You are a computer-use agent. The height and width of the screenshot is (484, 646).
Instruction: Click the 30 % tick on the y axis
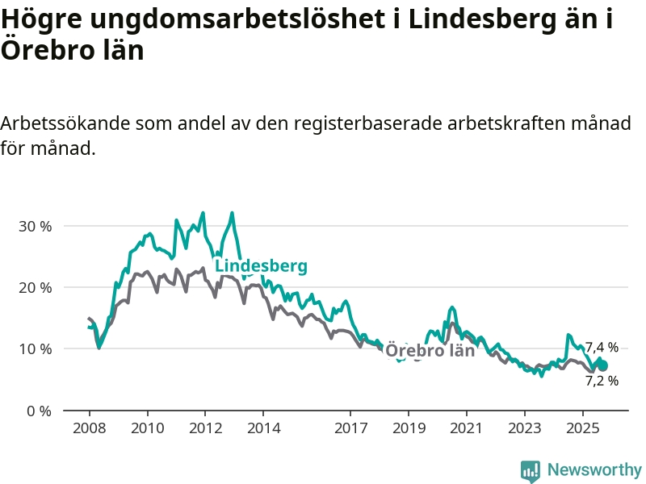(x=35, y=226)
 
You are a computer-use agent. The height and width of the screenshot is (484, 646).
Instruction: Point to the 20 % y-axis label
(x=35, y=287)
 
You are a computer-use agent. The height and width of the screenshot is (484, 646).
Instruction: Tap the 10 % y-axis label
(x=35, y=348)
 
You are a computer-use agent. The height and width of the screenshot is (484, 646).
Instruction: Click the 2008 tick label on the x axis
(x=89, y=427)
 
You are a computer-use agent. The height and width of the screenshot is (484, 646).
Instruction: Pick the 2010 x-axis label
(x=147, y=427)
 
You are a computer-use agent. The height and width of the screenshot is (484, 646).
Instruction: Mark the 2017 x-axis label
(x=350, y=427)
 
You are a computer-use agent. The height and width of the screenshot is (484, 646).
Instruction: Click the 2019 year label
(x=409, y=427)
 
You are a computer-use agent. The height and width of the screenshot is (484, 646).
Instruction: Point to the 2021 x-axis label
(x=467, y=427)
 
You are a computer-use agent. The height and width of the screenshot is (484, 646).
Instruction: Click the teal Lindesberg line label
(x=261, y=266)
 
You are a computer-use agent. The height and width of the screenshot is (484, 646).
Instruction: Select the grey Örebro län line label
(x=430, y=351)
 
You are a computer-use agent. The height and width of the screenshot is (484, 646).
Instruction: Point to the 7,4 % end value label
(x=602, y=348)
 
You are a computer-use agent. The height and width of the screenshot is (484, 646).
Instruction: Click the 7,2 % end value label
(x=602, y=381)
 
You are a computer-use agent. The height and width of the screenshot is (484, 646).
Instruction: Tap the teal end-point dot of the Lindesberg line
(x=602, y=365)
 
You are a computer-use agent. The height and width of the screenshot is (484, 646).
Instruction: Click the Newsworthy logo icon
(x=531, y=470)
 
